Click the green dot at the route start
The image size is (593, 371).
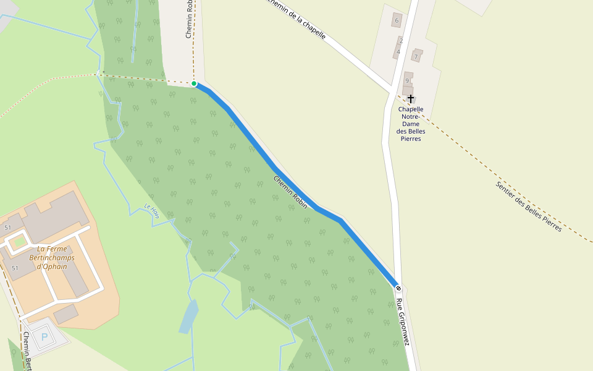click(194, 83)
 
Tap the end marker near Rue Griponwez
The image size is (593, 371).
click(398, 288)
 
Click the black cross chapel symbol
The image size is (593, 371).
click(411, 98)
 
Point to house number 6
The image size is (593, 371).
click(397, 20)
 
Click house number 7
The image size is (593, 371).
click(416, 57)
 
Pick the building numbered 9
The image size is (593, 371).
click(407, 80)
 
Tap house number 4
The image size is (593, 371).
click(398, 52)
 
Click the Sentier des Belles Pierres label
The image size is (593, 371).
click(529, 207)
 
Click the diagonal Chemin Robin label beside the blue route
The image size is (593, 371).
click(290, 192)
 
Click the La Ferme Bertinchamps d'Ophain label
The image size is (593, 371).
click(52, 258)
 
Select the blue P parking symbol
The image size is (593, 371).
click(44, 337)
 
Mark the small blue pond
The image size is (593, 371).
click(188, 316)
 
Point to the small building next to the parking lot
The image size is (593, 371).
click(65, 313)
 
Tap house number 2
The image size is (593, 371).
click(401, 41)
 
